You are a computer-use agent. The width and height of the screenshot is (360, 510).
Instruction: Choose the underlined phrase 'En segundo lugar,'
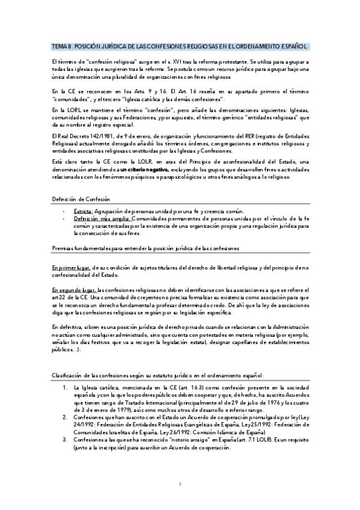[x=72, y=290]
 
